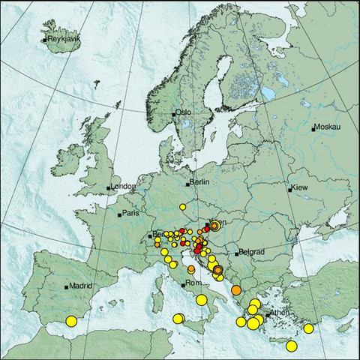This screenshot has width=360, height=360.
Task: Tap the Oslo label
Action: point(184,112)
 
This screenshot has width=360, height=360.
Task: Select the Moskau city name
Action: point(327,127)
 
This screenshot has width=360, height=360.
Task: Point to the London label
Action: point(123,186)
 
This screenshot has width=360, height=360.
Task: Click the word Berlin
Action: point(199,182)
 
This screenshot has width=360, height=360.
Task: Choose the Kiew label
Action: point(300,187)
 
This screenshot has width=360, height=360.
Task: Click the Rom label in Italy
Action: point(193,283)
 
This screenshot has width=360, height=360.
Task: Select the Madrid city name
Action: point(79,286)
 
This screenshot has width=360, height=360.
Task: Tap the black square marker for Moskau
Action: point(313,129)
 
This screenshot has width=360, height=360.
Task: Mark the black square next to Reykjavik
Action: point(45,39)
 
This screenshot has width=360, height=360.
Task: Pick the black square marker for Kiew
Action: point(289,190)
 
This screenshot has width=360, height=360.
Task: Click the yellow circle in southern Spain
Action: point(71,321)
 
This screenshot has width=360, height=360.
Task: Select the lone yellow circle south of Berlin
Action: point(182,206)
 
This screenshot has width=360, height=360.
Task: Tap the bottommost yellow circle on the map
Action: point(291,346)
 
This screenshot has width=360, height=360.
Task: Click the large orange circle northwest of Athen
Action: point(236,290)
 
